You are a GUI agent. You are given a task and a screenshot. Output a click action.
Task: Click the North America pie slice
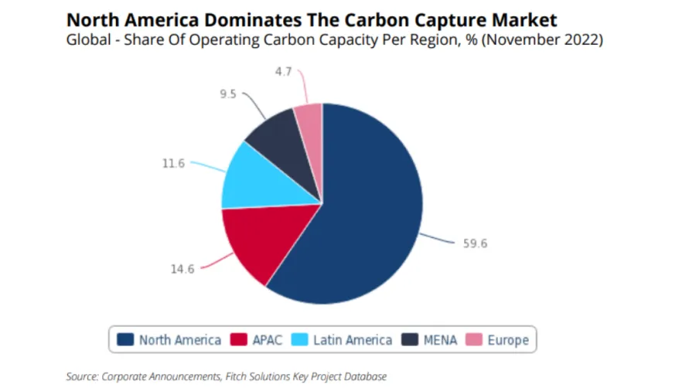[x=363, y=216]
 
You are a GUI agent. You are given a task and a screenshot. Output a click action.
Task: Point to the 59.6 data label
[x=476, y=243]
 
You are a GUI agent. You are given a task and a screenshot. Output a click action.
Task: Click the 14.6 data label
[x=183, y=269]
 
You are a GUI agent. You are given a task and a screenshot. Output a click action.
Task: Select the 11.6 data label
[x=172, y=163]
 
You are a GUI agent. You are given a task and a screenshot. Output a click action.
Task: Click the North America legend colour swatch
[x=125, y=339]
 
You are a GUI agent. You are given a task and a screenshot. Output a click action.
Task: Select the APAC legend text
[x=267, y=340]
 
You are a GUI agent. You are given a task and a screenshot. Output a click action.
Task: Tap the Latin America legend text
[x=353, y=340]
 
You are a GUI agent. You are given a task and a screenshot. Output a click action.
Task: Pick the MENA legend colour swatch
[x=410, y=339]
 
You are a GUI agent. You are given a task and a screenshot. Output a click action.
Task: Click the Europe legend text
[x=508, y=340]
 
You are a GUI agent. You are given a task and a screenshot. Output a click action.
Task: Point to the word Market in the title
[x=524, y=19]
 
